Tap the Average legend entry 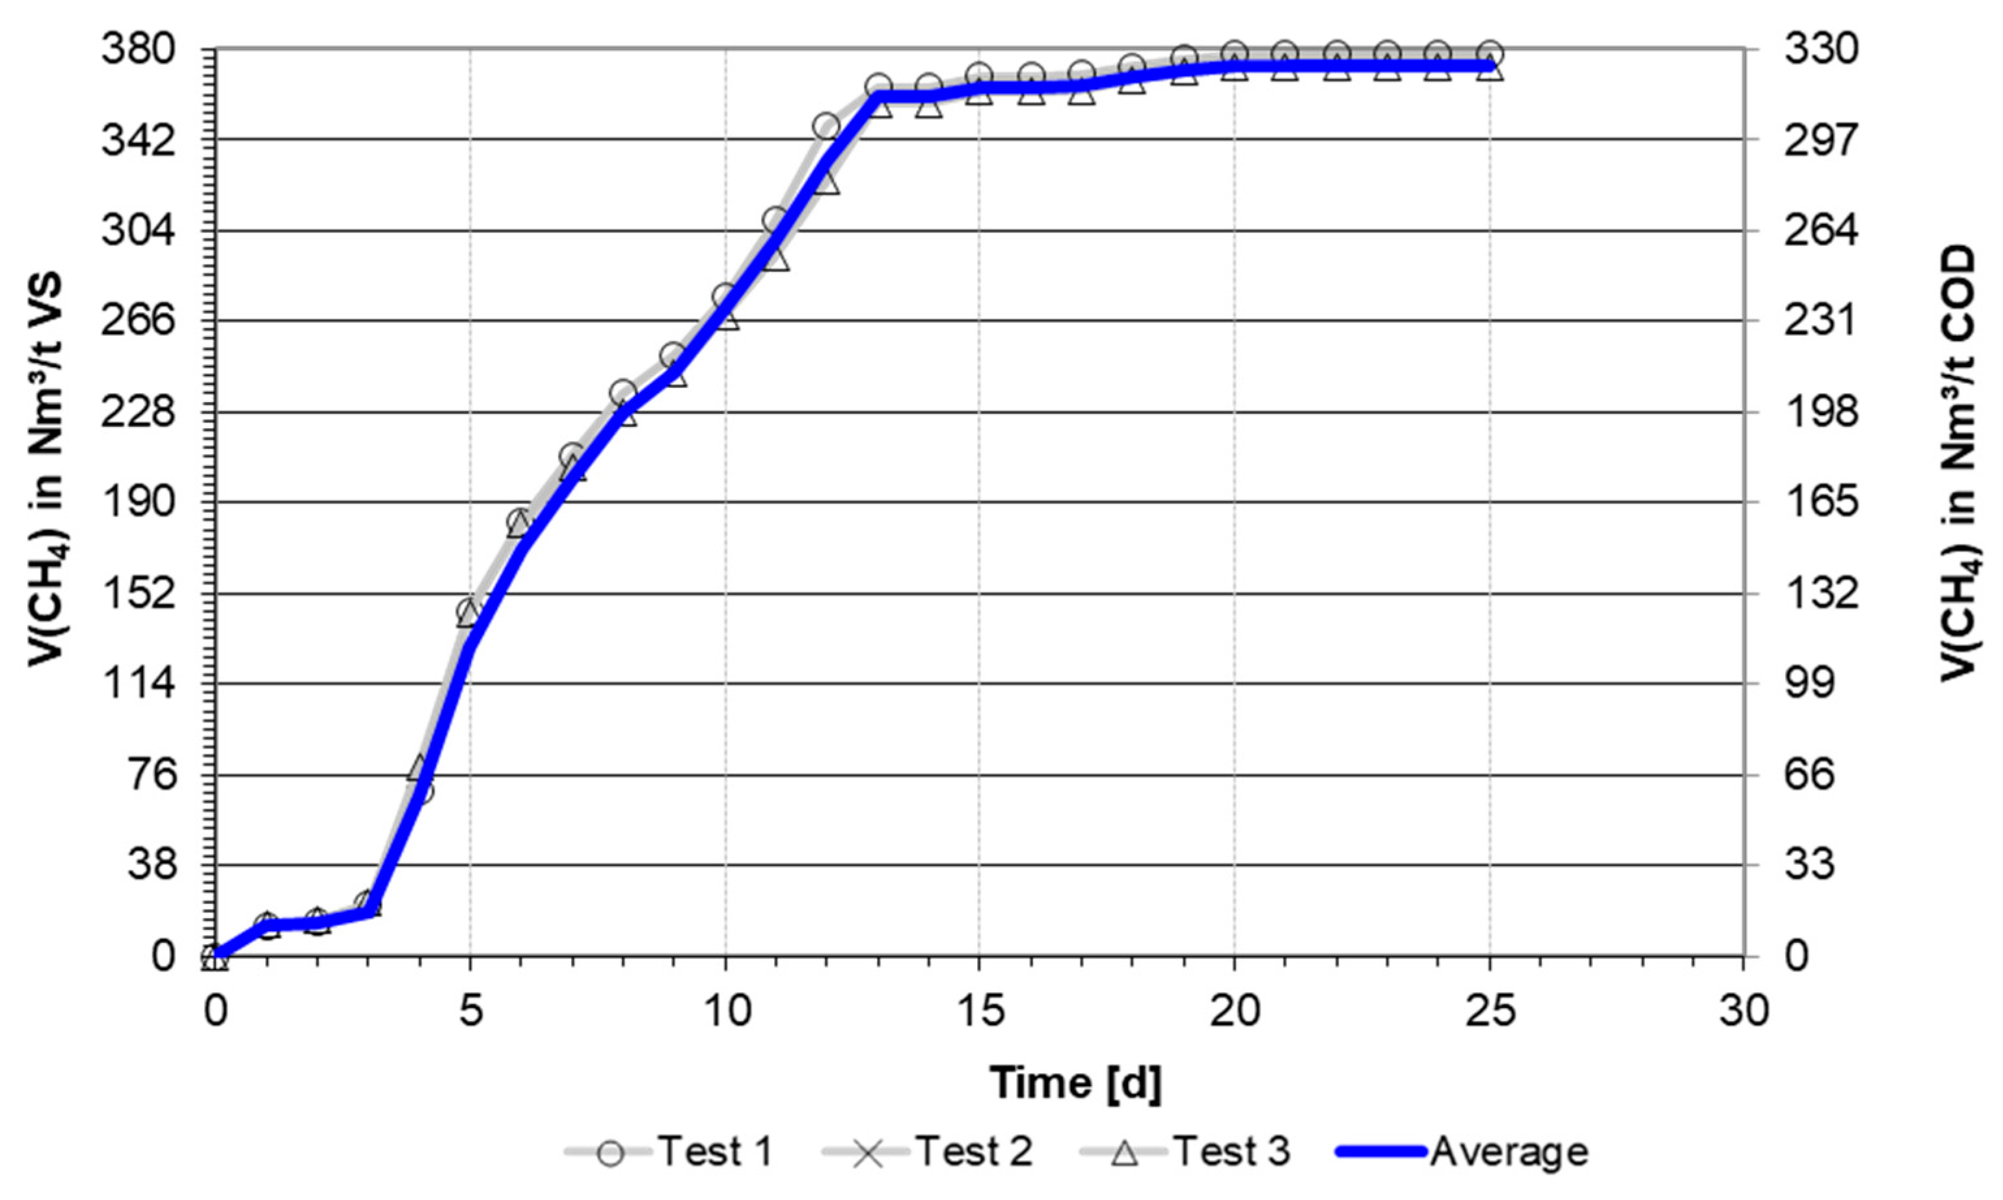[1463, 1151]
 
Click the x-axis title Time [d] [1075, 1083]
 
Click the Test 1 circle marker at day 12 [826, 126]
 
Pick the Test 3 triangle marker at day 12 [826, 183]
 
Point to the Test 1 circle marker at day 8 [623, 394]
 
